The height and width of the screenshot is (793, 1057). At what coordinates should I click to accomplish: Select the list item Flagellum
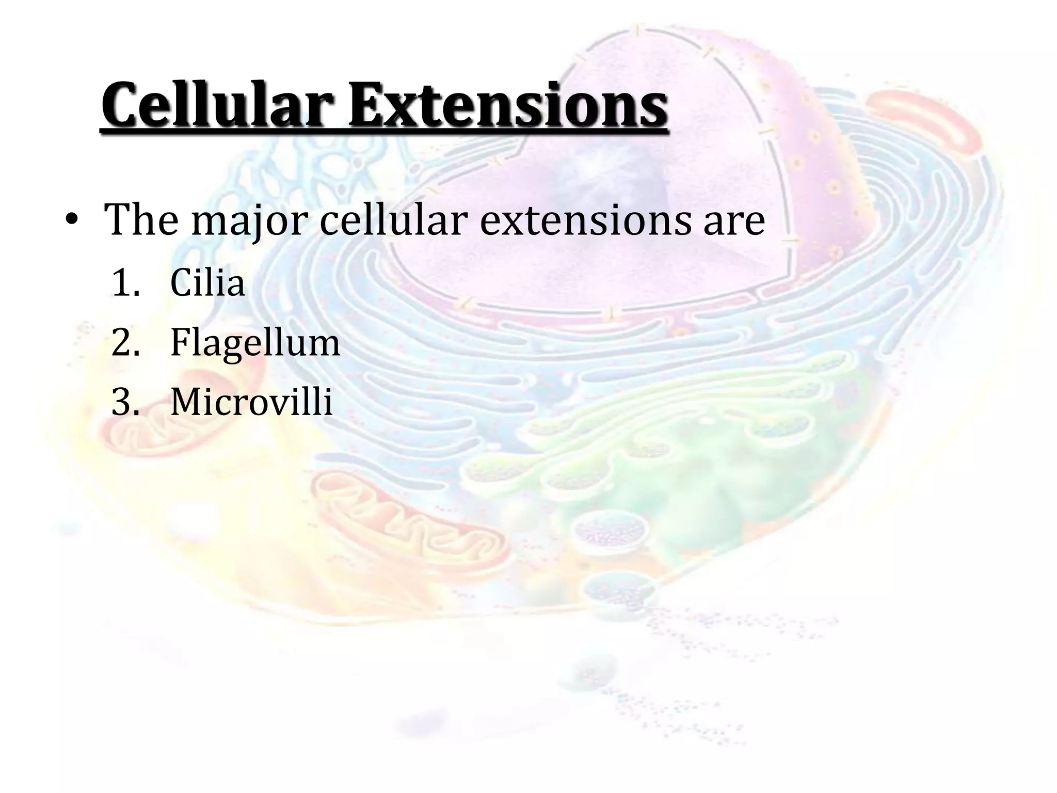tap(255, 343)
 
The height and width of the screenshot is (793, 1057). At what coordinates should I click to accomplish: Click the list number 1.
tap(125, 283)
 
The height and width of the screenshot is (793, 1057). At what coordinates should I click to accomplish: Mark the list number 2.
tap(125, 343)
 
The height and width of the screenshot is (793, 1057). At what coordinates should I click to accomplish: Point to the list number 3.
tap(125, 402)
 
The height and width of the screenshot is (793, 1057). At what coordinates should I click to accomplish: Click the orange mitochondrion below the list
tap(408, 521)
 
